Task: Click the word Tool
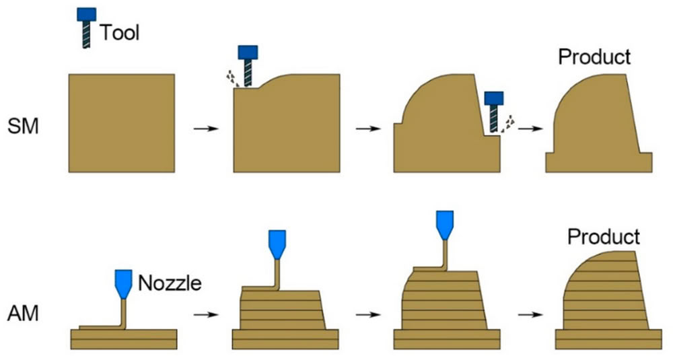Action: pyautogui.click(x=120, y=32)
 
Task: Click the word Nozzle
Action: pyautogui.click(x=170, y=283)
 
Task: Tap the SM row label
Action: pyautogui.click(x=23, y=126)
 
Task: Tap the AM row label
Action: pyautogui.click(x=23, y=313)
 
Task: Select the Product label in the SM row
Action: pyautogui.click(x=594, y=57)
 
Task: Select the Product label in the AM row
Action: pyautogui.click(x=604, y=236)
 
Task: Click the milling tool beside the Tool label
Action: pyautogui.click(x=86, y=28)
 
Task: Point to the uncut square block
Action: pyautogui.click(x=122, y=123)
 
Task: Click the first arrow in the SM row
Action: pyautogui.click(x=206, y=129)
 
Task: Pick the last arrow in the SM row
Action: pyautogui.click(x=530, y=129)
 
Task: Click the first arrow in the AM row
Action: pyautogui.click(x=206, y=314)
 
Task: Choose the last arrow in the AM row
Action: pyautogui.click(x=530, y=314)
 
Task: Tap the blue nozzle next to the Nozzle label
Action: pyautogui.click(x=124, y=284)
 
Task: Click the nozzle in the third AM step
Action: pyautogui.click(x=445, y=225)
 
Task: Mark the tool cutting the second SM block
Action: pyautogui.click(x=248, y=66)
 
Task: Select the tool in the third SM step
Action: pyautogui.click(x=494, y=112)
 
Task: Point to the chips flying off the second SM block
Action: pyautogui.click(x=232, y=78)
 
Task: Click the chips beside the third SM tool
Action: pyautogui.click(x=508, y=122)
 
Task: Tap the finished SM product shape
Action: pyautogui.click(x=599, y=123)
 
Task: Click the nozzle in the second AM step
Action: pyautogui.click(x=277, y=245)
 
